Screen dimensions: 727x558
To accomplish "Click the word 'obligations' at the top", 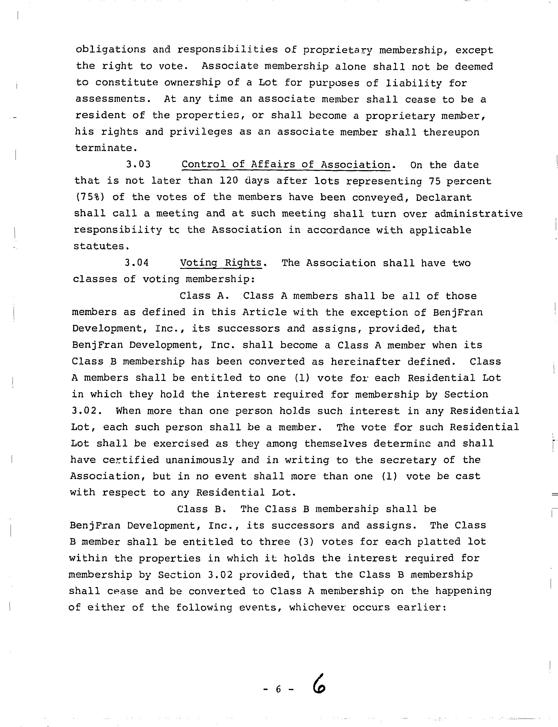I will click(x=111, y=50).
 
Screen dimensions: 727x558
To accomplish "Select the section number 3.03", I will click(x=138, y=164).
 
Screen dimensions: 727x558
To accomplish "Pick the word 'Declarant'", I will click(x=444, y=197).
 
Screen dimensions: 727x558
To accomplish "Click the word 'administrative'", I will click(x=478, y=213).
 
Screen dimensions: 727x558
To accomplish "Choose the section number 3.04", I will click(x=137, y=263).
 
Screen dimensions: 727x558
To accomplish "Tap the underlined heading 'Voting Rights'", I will click(x=221, y=263).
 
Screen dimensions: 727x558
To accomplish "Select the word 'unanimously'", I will click(x=200, y=460).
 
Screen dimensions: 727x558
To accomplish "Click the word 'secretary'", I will click(x=408, y=460).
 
